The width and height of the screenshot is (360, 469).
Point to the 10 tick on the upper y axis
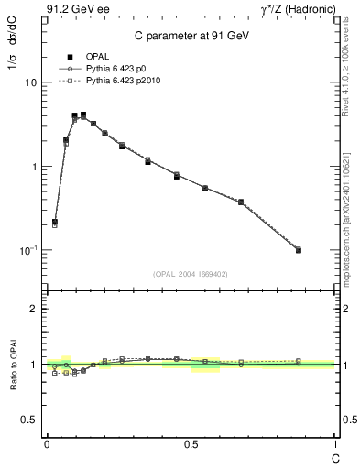[30, 82]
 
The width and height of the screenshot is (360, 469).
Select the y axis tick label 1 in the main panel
[34, 167]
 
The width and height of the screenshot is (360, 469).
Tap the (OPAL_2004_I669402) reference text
[191, 274]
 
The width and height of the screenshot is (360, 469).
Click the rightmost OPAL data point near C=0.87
[299, 249]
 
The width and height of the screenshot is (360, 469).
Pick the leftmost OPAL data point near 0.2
[55, 222]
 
